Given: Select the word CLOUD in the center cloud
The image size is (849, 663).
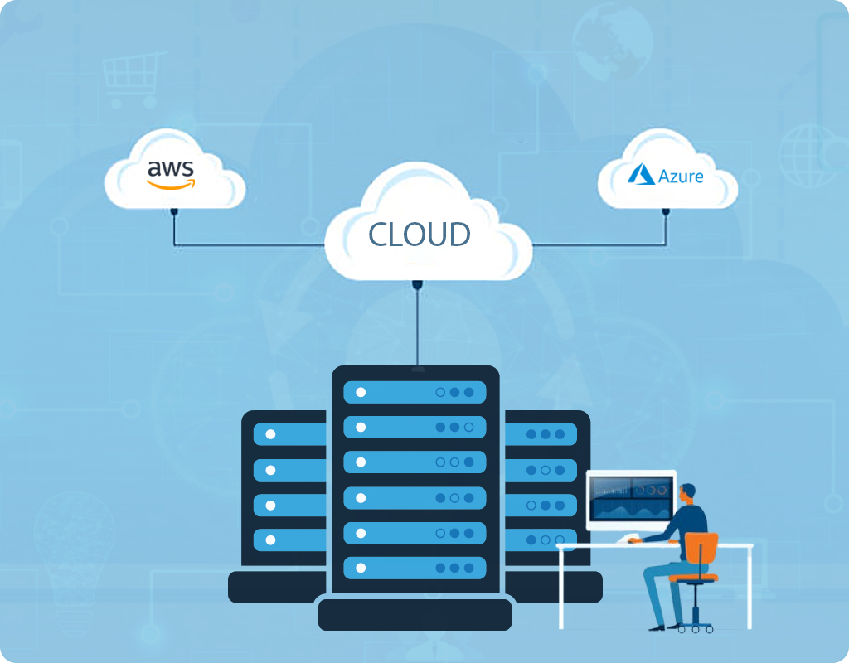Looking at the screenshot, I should pos(420,235).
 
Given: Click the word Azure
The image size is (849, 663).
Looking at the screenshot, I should pos(681,176).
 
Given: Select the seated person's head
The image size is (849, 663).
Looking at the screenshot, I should pos(689,494).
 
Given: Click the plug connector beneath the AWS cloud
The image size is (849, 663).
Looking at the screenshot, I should pos(174,212).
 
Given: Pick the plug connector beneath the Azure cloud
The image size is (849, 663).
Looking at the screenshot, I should pos(666,212).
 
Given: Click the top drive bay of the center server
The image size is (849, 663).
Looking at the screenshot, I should pos(415,392).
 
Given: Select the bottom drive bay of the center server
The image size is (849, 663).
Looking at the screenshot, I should pos(415,568).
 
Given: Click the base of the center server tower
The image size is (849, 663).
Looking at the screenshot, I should pos(415,613).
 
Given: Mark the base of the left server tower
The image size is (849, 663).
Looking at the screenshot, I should pos(274,586).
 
